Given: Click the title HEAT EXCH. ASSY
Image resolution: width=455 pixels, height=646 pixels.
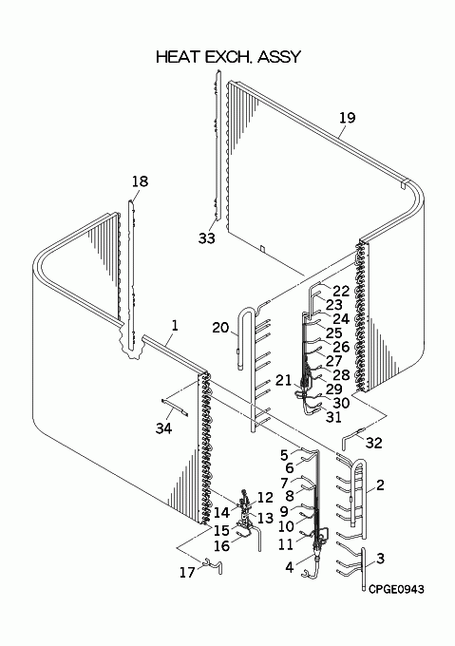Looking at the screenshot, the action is click(x=229, y=57).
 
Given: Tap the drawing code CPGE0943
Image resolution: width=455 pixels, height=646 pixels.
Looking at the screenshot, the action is click(x=396, y=590).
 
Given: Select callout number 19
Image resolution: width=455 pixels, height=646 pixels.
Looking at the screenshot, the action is click(x=347, y=118).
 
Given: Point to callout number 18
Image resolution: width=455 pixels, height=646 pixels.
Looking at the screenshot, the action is click(x=140, y=181).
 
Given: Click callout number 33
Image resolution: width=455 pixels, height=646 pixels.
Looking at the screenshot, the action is click(x=207, y=238).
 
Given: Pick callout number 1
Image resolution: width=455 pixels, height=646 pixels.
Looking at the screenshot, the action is click(x=176, y=326).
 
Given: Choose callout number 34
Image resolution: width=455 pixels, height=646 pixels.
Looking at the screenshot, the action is click(x=163, y=428).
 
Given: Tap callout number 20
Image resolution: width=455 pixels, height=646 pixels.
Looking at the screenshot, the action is click(x=220, y=328).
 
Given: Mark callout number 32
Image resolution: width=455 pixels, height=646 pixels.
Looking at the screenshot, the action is click(x=374, y=443).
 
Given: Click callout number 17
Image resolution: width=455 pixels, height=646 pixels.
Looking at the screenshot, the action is click(x=187, y=572).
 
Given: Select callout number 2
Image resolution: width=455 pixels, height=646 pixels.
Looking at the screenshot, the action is click(x=380, y=484).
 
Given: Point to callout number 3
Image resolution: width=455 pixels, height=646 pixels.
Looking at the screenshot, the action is click(x=381, y=559).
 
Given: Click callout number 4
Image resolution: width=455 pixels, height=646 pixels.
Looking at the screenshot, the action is click(x=290, y=567).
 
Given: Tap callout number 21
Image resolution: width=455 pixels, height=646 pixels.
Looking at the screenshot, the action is click(x=283, y=381).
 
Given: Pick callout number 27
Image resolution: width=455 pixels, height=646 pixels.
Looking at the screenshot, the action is click(x=334, y=361).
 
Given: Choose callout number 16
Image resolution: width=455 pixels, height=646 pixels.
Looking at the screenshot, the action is click(x=221, y=546).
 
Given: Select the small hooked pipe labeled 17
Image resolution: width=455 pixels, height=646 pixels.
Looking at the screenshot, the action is click(x=214, y=565).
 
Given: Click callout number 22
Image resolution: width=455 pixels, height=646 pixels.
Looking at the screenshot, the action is click(x=341, y=291).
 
